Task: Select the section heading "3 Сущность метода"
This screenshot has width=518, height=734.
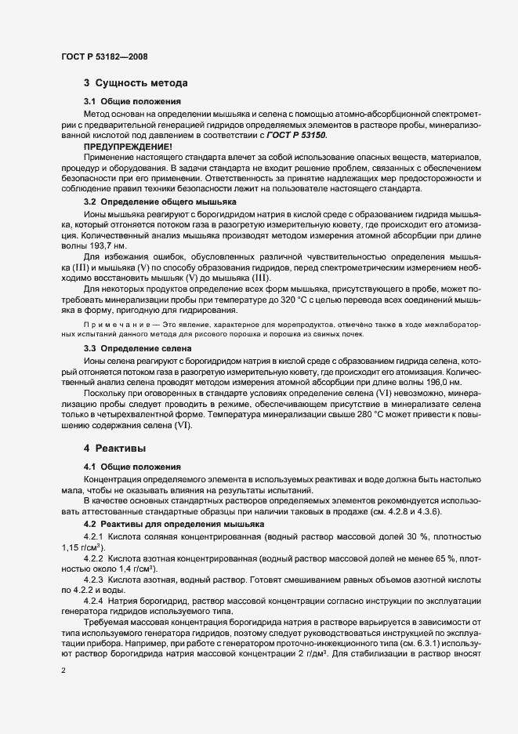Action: [134, 82]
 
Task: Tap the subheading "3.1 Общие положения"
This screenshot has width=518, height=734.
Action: [132, 102]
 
